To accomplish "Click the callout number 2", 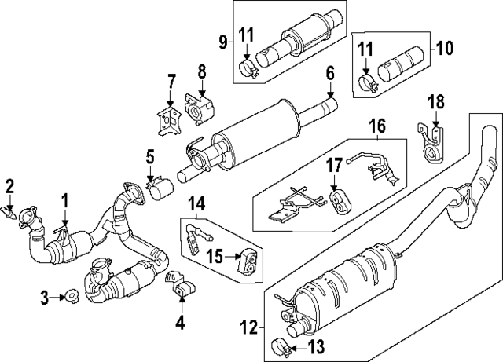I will pos(10,185).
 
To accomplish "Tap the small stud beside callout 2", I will pos(11,210).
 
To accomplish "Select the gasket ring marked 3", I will pos(69,296).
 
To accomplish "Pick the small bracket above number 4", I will pos(178,287).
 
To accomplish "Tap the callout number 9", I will pos(222,41).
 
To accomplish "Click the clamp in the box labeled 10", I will pos(366,81).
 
